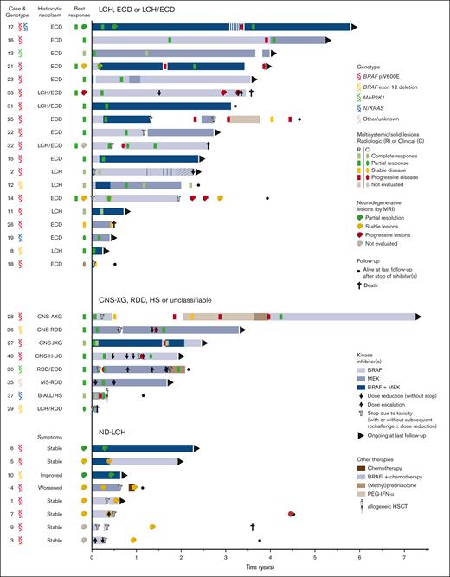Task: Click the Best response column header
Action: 79,10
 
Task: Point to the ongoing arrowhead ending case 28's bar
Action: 420,317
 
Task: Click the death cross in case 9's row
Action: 253,526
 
